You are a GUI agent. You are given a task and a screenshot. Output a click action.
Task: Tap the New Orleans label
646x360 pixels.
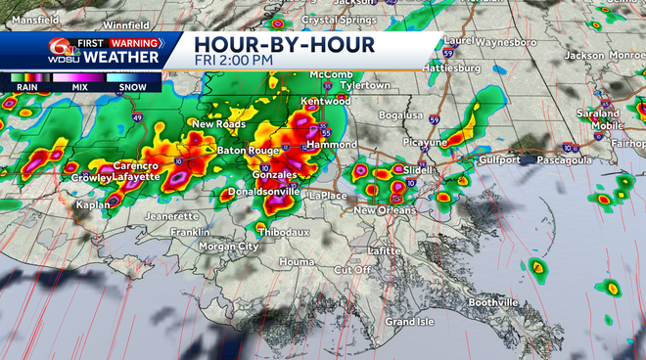click(x=384, y=210)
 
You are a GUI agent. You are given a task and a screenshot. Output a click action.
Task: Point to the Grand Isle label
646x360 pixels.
click(x=408, y=321)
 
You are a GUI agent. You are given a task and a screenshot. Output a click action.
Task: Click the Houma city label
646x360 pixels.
click(x=296, y=262)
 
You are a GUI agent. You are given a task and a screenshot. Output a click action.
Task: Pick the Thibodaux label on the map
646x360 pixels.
click(x=283, y=232)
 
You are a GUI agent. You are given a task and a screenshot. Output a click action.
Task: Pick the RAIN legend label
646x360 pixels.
click(x=26, y=86)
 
